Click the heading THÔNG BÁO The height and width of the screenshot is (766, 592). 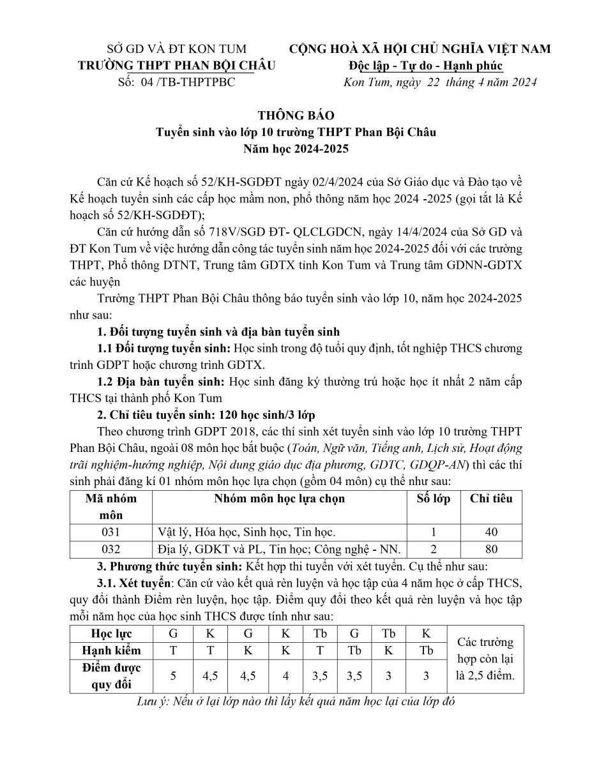pos(296,116)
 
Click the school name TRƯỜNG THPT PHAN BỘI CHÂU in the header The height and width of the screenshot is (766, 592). pos(176,66)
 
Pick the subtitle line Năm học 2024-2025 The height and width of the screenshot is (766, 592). pos(296,149)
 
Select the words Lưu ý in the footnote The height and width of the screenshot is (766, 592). pos(151,702)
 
